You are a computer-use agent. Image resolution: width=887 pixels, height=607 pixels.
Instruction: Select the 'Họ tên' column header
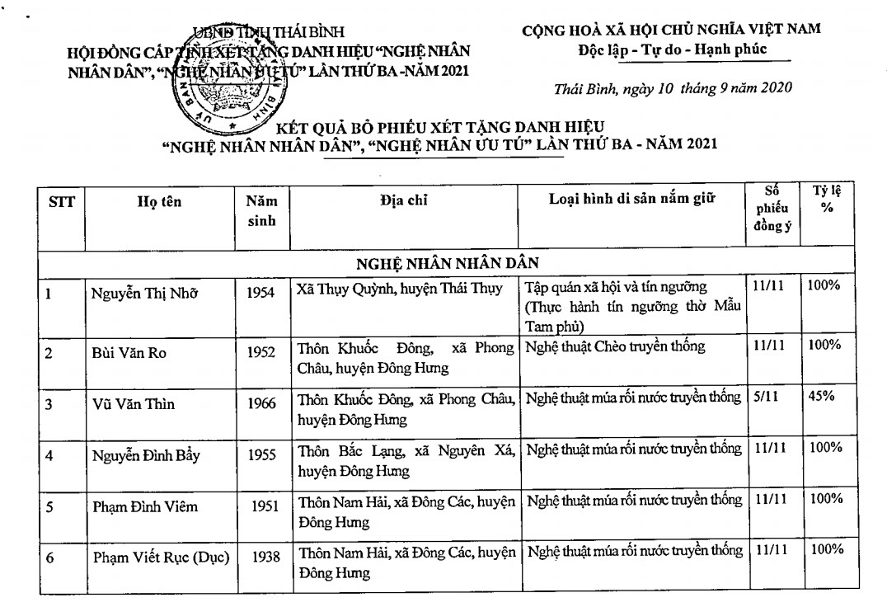click(x=159, y=202)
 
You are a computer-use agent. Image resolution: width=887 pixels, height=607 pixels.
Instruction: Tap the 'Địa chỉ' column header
click(x=405, y=200)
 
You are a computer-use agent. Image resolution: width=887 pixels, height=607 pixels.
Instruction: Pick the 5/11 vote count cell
click(x=766, y=396)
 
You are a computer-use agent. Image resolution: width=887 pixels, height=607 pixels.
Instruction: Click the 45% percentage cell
click(x=821, y=396)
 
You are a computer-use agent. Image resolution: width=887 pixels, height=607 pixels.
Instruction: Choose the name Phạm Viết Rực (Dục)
click(x=160, y=558)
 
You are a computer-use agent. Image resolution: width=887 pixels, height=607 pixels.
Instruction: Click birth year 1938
click(x=261, y=558)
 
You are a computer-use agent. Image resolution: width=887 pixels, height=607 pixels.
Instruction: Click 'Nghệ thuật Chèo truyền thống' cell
click(x=615, y=346)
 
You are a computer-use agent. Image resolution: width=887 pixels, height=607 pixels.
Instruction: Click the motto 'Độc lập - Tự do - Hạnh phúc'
click(x=673, y=49)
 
